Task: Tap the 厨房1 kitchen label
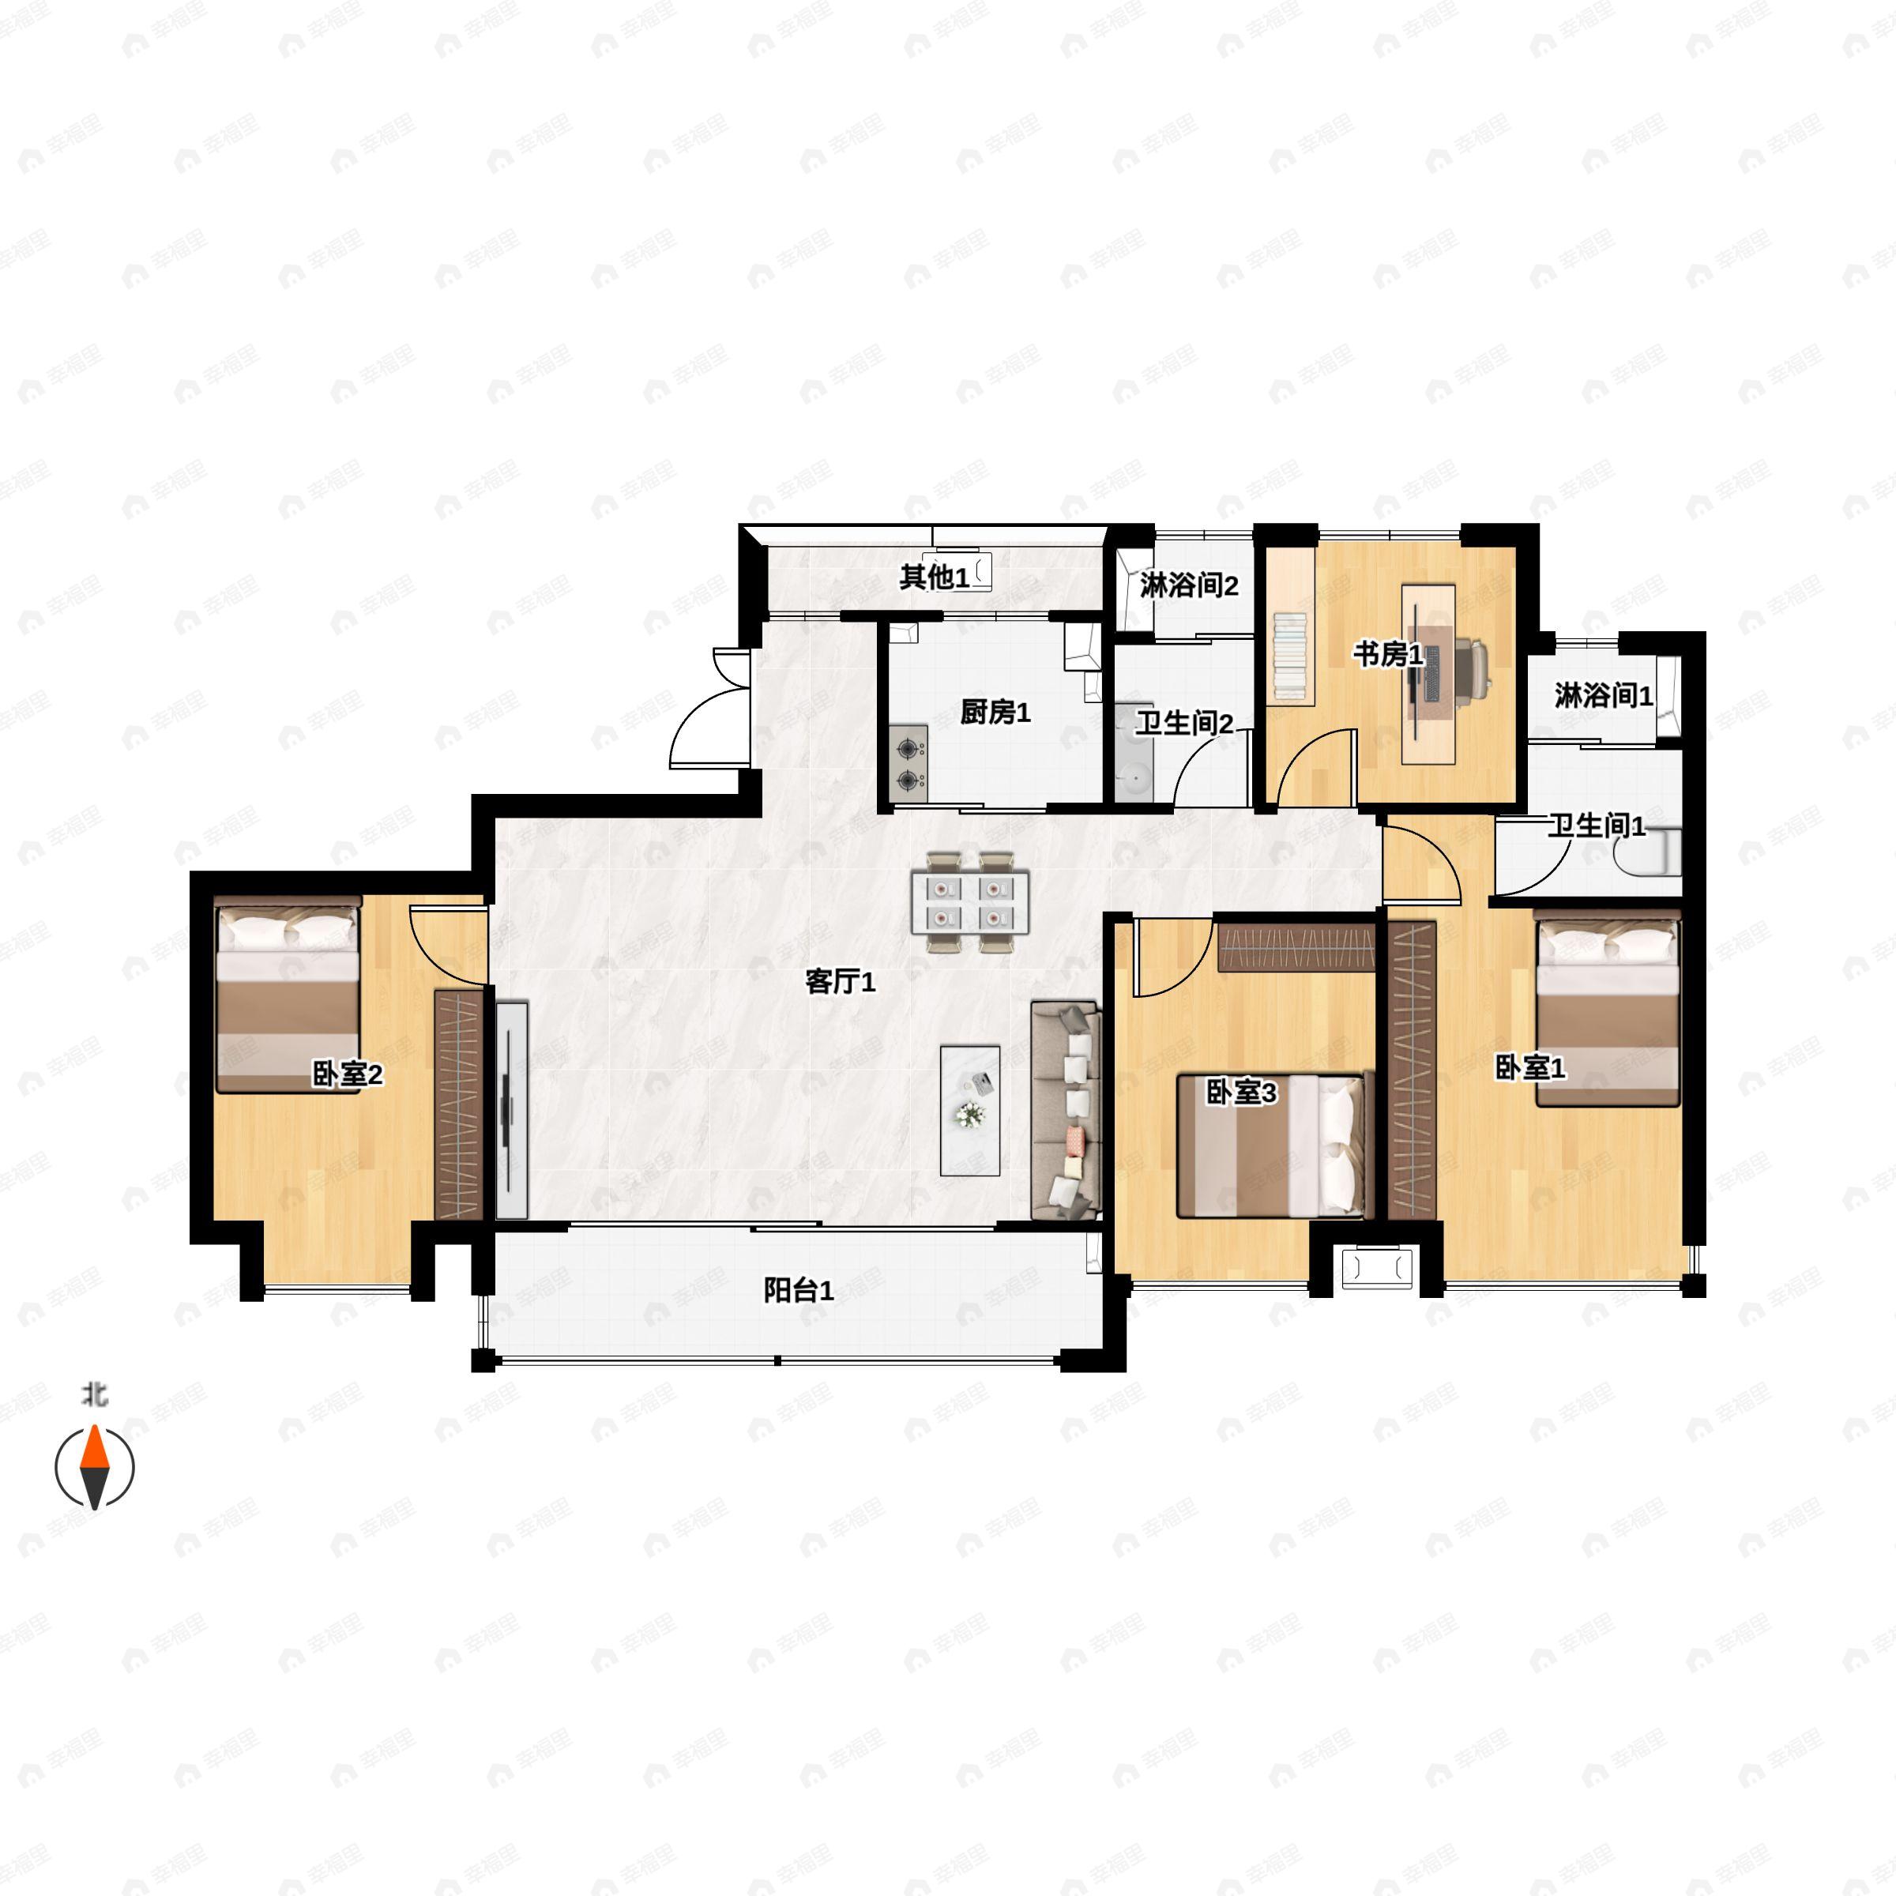click(x=995, y=712)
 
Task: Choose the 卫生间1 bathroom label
click(x=1597, y=826)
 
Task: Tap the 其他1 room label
click(x=935, y=577)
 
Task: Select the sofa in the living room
click(x=1066, y=1110)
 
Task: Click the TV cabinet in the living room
click(x=511, y=1110)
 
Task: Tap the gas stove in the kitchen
click(x=911, y=763)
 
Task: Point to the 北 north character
click(x=94, y=1394)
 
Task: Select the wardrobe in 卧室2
click(x=458, y=1104)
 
